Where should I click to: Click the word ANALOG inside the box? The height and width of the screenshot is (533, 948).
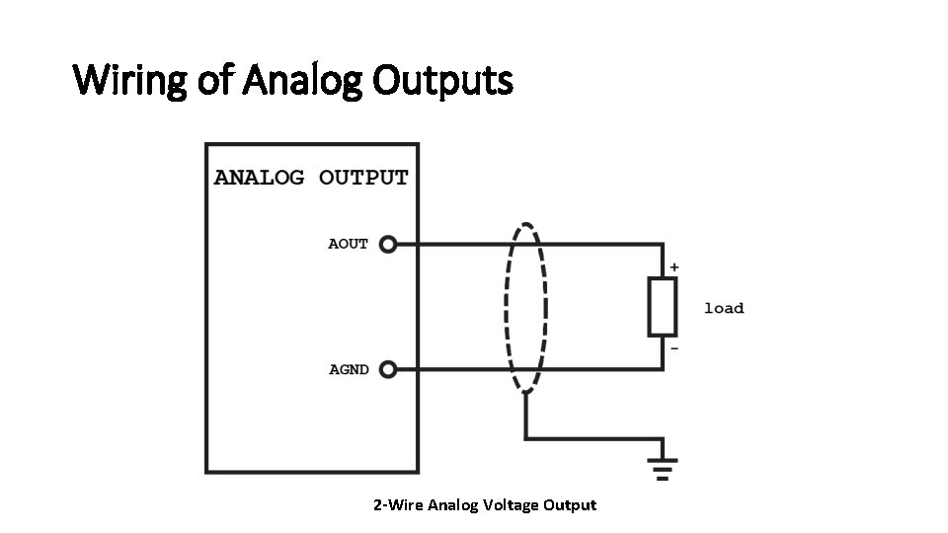pyautogui.click(x=260, y=179)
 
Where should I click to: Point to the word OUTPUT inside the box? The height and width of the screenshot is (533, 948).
pyautogui.click(x=363, y=179)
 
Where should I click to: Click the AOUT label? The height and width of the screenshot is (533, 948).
pyautogui.click(x=348, y=244)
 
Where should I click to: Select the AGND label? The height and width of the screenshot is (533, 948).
pyautogui.click(x=349, y=370)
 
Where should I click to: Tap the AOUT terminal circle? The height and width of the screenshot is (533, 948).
pyautogui.click(x=388, y=244)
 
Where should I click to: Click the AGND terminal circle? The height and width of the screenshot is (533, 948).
pyautogui.click(x=388, y=370)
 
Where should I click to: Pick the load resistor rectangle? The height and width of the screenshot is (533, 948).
pyautogui.click(x=662, y=307)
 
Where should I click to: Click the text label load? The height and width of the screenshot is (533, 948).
pyautogui.click(x=723, y=309)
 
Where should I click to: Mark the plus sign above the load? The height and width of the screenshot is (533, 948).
pyautogui.click(x=673, y=266)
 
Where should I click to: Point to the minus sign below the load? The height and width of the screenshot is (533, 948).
pyautogui.click(x=673, y=348)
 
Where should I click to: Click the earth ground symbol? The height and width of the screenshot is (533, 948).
pyautogui.click(x=662, y=466)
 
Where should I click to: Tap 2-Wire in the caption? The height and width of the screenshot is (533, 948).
pyautogui.click(x=395, y=505)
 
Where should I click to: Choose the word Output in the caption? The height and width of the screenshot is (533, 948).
pyautogui.click(x=572, y=505)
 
